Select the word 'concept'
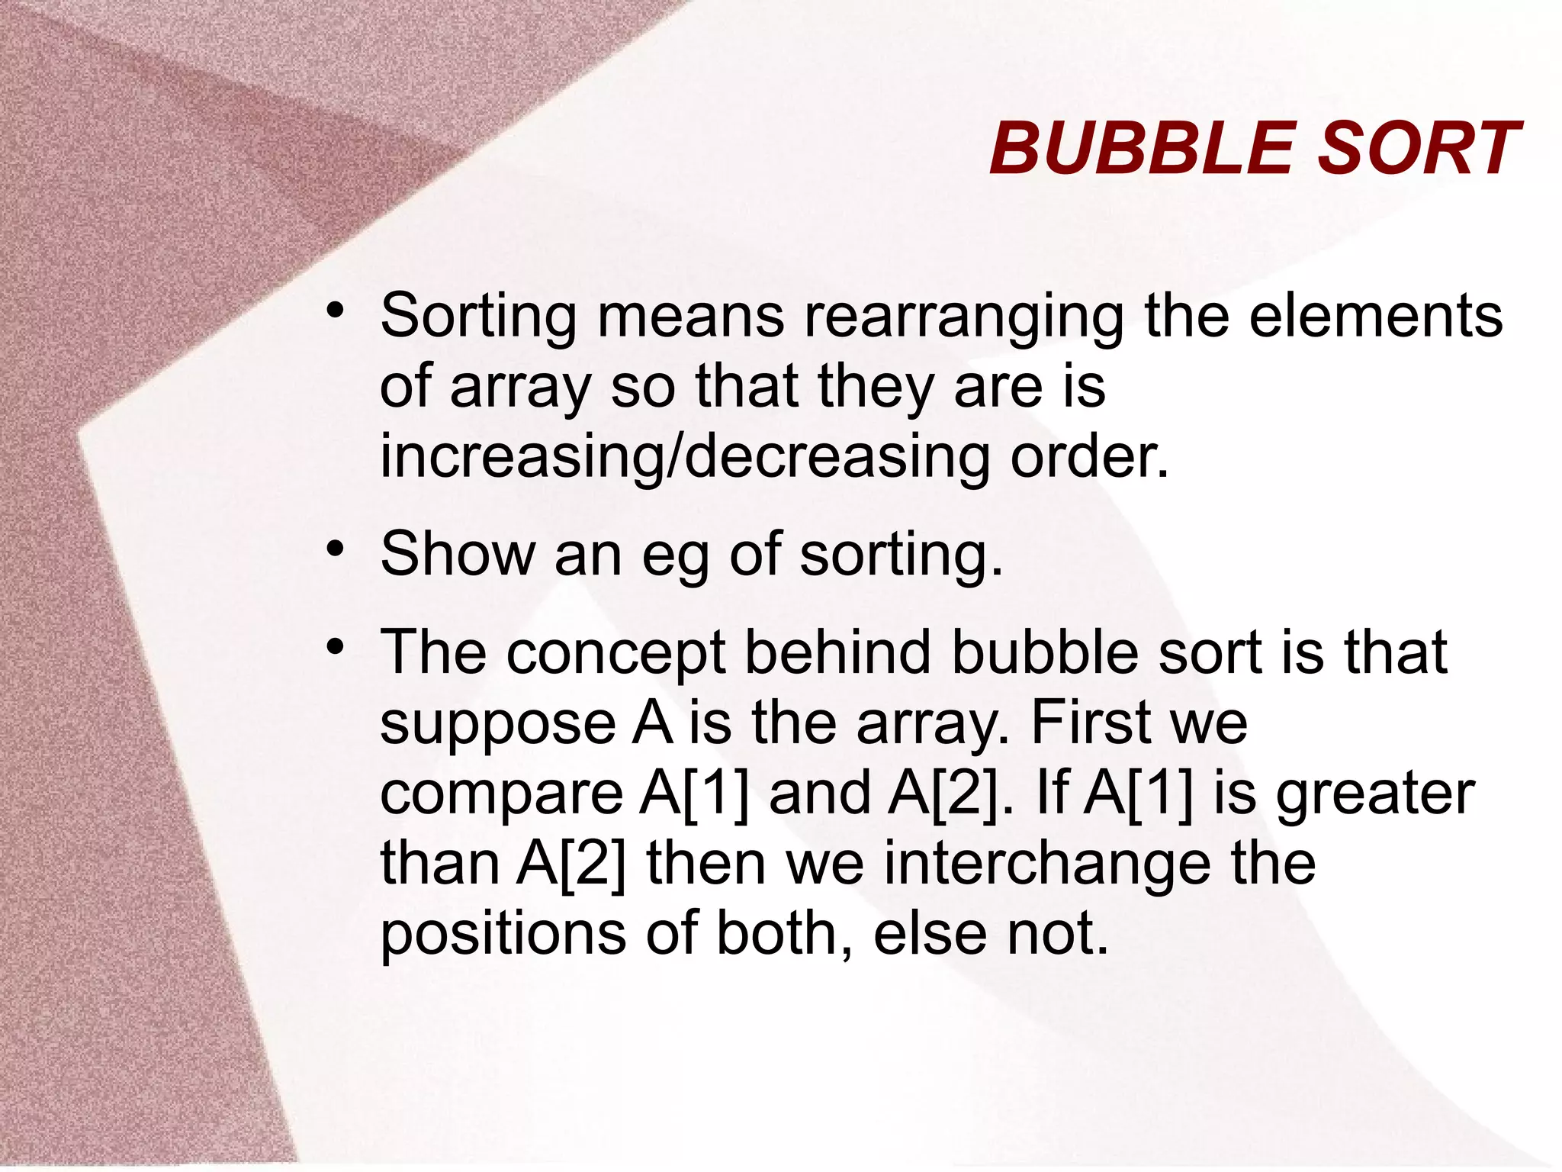click(x=615, y=655)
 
